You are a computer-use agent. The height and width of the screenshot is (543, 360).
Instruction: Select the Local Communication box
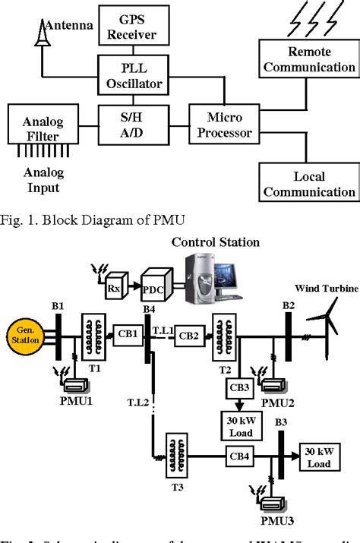click(x=308, y=185)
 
